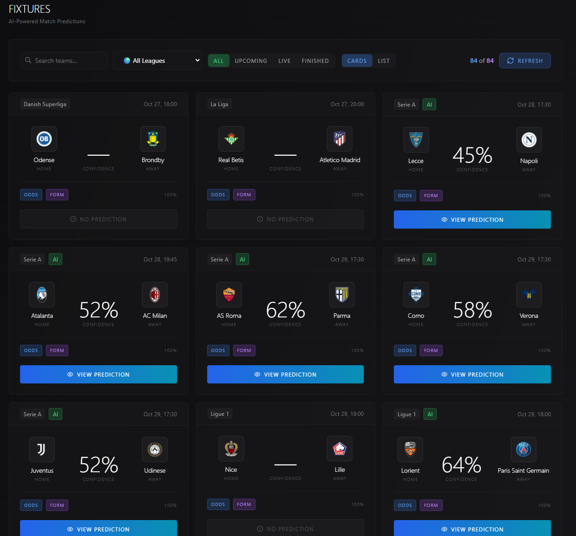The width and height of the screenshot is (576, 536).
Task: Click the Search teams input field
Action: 64,61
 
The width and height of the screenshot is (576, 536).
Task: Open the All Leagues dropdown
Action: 157,61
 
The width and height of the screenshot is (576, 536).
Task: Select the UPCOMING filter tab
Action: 251,61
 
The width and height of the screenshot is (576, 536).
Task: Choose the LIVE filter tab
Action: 284,61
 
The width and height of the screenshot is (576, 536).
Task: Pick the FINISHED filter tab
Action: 315,61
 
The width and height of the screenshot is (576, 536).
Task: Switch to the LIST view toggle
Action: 383,61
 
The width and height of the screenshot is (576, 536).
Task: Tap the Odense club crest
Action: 44,139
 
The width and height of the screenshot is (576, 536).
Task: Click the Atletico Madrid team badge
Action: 340,139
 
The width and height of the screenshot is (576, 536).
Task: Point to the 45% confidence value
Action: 472,155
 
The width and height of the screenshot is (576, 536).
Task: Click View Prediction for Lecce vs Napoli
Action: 472,220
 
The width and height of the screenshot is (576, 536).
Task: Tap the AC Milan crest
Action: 155,295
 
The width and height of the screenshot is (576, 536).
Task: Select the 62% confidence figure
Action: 285,310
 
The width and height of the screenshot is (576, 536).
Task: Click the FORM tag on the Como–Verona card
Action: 431,351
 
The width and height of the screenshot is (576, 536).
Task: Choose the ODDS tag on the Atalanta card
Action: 31,351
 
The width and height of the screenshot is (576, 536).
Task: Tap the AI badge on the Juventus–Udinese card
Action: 56,414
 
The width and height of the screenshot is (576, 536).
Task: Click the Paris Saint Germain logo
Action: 523,449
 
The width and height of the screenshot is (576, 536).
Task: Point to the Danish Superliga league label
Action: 45,104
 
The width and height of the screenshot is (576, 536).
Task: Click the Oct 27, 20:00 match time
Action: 347,104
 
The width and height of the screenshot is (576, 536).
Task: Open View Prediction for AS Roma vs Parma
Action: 285,374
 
